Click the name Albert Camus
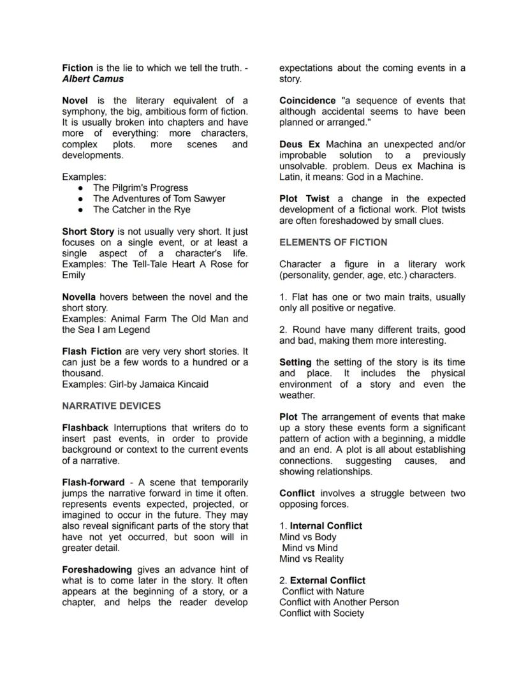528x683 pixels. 92,79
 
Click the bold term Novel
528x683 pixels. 75,101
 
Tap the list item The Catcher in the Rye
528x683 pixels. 141,210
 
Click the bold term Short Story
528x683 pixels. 88,231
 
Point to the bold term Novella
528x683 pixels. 79,297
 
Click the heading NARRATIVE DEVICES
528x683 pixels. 111,406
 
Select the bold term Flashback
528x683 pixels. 85,428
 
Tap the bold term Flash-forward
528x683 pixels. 93,483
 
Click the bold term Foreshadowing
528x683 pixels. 97,569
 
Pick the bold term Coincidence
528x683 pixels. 307,101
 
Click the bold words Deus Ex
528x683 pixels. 300,145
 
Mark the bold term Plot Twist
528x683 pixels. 304,199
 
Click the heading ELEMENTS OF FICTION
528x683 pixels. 333,243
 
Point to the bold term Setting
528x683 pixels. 295,362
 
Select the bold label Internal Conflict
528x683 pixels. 326,526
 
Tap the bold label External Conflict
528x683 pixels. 328,581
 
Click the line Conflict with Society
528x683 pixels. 321,613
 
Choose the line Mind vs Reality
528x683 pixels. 311,559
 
